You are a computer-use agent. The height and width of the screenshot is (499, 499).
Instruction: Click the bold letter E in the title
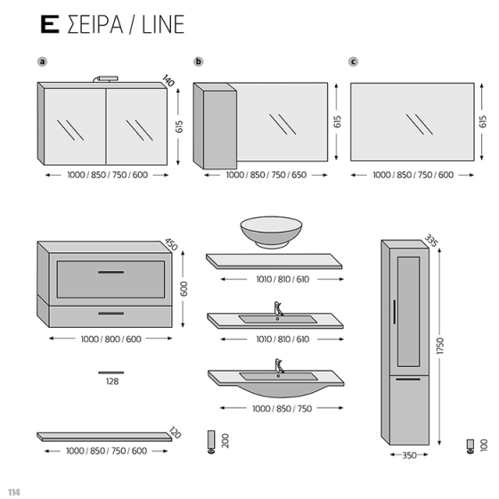coord(50,24)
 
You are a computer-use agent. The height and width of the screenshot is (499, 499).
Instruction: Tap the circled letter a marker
coord(42,61)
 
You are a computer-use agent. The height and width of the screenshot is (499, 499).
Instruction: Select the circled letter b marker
coord(199,61)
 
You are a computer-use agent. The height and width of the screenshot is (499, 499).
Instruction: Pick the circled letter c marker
coord(354,61)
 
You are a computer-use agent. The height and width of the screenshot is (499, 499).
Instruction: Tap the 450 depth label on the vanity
coord(172,244)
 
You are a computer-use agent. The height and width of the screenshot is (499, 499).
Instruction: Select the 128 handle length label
coord(111,380)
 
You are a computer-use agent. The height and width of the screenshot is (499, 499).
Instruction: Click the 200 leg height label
coord(226,440)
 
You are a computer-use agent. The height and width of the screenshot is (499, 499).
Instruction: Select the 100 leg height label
coord(484,443)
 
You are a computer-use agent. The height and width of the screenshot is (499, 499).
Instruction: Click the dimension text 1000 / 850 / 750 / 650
coord(266,176)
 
